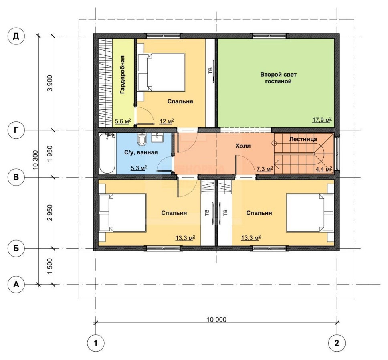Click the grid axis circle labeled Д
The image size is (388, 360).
[x=16, y=36]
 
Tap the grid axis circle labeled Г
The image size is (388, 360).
[x=16, y=130]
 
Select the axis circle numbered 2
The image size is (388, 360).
[x=337, y=343]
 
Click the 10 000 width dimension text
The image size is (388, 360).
[x=216, y=320]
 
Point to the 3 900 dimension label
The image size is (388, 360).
[x=50, y=83]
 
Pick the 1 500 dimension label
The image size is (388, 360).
[x=50, y=266]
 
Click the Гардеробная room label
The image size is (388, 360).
[x=122, y=75]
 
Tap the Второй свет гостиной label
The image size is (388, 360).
[x=279, y=78]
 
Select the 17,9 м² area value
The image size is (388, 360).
[x=322, y=120]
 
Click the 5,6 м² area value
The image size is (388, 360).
[x=123, y=121]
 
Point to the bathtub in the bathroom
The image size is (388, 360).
[x=107, y=154]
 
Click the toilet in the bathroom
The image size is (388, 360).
[x=142, y=140]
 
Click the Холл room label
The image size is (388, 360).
[x=243, y=146]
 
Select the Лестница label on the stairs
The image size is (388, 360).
[x=303, y=139]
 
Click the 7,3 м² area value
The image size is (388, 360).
[x=265, y=169]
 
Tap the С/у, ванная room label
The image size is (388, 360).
[x=141, y=152]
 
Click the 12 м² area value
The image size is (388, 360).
[x=166, y=121]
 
